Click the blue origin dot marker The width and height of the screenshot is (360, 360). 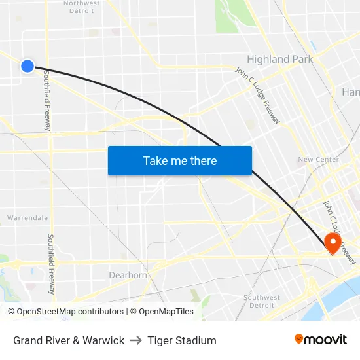[27, 65]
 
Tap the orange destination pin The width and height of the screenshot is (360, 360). [333, 243]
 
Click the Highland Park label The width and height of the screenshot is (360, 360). [279, 59]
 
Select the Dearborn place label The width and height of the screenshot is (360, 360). [128, 275]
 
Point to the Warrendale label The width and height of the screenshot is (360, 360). [27, 217]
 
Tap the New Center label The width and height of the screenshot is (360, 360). [318, 159]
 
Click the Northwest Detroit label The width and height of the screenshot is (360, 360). [81, 7]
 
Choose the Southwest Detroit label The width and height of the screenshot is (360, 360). [262, 301]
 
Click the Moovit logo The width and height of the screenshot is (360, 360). [321, 340]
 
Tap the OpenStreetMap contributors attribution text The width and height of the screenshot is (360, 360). [65, 312]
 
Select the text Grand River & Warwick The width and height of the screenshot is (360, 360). [69, 340]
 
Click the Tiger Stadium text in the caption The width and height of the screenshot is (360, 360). [182, 340]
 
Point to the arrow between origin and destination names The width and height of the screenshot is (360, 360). [135, 340]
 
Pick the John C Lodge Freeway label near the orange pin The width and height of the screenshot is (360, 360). [339, 232]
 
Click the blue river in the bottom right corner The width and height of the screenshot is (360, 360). [347, 291]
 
